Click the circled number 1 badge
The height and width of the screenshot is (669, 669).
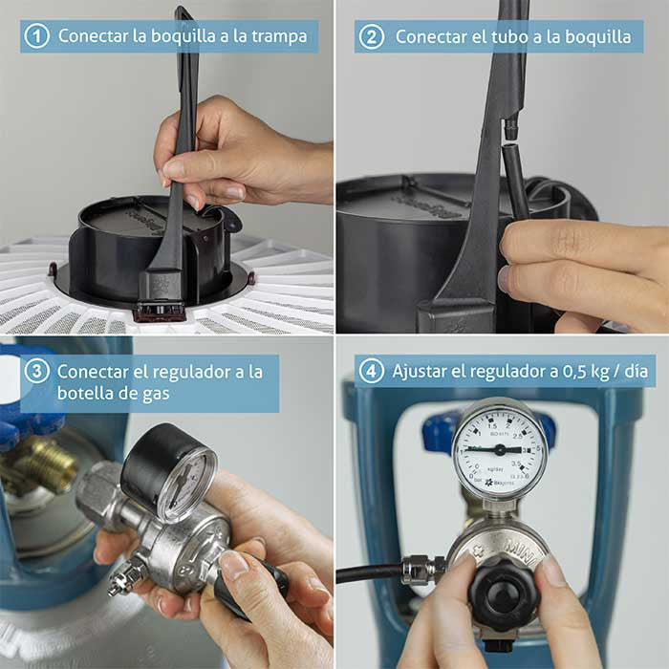click(x=36, y=36)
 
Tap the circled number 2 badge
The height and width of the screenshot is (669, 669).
click(x=372, y=36)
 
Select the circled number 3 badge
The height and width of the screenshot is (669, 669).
click(x=36, y=371)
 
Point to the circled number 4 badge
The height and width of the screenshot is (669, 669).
click(x=371, y=371)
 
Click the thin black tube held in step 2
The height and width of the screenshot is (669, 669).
click(x=517, y=191)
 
